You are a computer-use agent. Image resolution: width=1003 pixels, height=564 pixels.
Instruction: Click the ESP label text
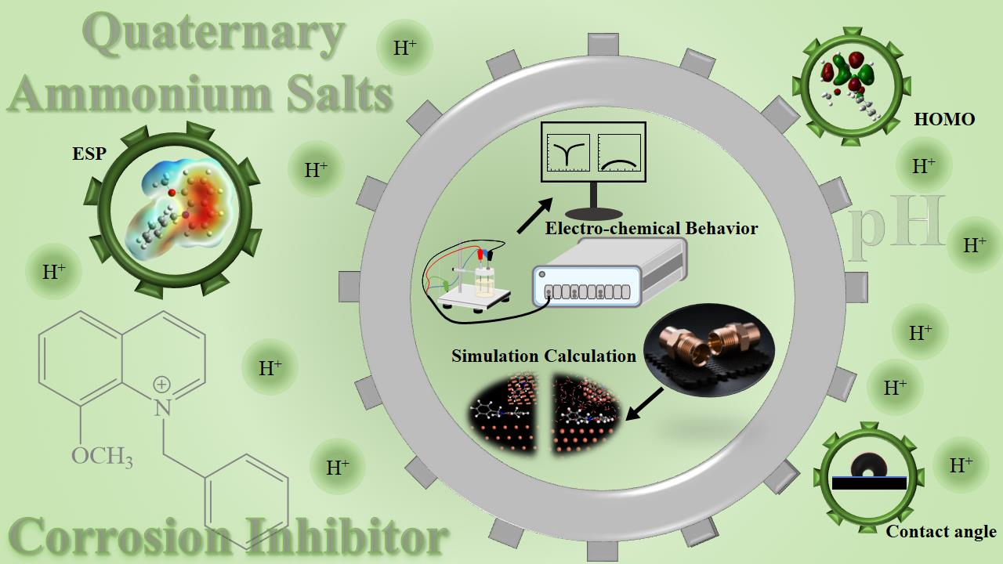click(89, 154)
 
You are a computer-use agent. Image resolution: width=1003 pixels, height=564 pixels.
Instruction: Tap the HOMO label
click(944, 119)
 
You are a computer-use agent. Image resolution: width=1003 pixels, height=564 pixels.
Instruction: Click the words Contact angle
click(941, 532)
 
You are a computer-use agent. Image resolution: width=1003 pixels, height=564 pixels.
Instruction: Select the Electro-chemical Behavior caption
click(651, 229)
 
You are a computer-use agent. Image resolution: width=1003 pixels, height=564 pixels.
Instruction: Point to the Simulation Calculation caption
click(544, 356)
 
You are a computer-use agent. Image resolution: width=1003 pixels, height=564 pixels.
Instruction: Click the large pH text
click(897, 223)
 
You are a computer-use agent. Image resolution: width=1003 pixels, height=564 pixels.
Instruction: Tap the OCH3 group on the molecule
click(102, 455)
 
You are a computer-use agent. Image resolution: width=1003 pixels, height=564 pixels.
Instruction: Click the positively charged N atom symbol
click(161, 407)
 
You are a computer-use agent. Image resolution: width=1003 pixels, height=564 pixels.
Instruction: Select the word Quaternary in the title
click(213, 34)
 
